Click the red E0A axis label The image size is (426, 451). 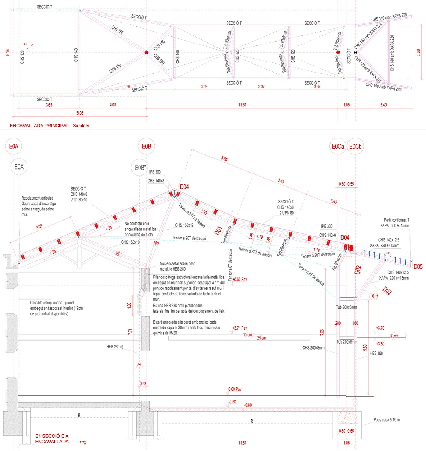click(x=14, y=147)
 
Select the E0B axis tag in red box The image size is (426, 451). click(x=147, y=147)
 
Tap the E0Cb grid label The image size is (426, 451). click(x=355, y=147)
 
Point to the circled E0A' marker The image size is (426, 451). click(x=19, y=167)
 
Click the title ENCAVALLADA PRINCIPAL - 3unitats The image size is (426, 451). click(x=50, y=126)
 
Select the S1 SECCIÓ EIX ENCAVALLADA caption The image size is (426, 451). click(x=52, y=439)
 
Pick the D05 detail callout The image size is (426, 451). click(x=418, y=267)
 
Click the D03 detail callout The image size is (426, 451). click(x=373, y=297)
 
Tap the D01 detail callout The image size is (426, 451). click(x=219, y=231)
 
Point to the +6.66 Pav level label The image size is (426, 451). click(x=240, y=279)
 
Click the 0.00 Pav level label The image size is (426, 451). click(x=235, y=389)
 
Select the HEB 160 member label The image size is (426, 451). click(x=376, y=353)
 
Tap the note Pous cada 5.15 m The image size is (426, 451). click(x=387, y=420)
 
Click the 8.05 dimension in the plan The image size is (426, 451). click(x=80, y=112)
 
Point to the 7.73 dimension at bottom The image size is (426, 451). click(x=82, y=443)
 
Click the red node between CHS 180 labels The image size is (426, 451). click(x=146, y=53)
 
